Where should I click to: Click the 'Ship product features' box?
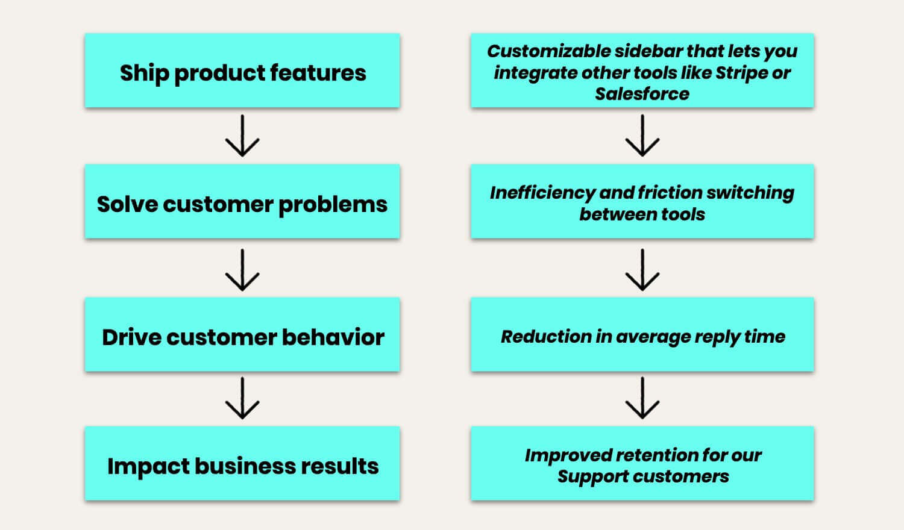click(242, 70)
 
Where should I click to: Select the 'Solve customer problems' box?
click(242, 201)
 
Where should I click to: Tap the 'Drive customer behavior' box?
click(242, 334)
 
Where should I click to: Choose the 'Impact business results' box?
click(242, 463)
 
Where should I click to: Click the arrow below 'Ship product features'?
click(242, 136)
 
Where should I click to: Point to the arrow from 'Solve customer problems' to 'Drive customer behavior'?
click(242, 270)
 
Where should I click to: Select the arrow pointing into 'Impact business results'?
click(242, 398)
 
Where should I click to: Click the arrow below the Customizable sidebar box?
click(642, 136)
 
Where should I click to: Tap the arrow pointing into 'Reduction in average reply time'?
click(642, 270)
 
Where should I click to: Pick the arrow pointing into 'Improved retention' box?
click(642, 398)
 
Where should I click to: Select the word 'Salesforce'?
click(642, 94)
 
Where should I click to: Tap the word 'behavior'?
click(333, 337)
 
